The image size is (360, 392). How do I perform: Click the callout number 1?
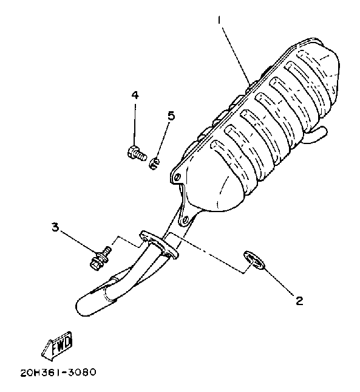(x=219, y=20)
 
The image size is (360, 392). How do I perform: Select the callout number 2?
(x=299, y=300)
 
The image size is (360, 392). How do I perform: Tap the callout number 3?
(x=55, y=227)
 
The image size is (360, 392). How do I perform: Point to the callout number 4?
(x=135, y=95)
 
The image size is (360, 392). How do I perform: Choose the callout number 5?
(x=171, y=115)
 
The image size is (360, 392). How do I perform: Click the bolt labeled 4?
(x=136, y=153)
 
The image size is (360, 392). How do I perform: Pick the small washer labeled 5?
(x=155, y=163)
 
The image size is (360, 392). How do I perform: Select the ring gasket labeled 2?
(x=254, y=261)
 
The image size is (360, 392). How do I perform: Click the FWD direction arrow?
(x=57, y=346)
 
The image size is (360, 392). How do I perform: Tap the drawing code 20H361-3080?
(x=58, y=373)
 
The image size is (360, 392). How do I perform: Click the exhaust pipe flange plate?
(x=159, y=244)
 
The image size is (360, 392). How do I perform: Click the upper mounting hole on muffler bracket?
(x=177, y=177)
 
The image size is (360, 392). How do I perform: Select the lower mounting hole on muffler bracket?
(x=185, y=221)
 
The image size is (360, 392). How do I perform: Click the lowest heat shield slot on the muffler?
(x=229, y=164)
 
